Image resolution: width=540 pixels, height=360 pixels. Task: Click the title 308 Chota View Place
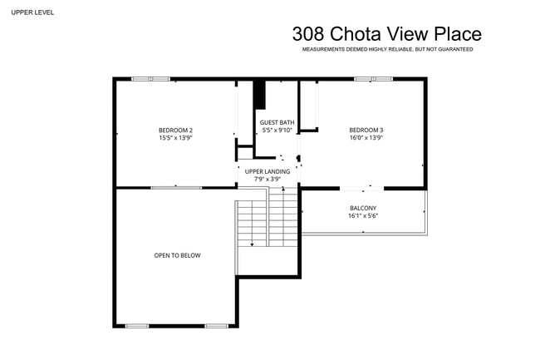pyautogui.click(x=386, y=34)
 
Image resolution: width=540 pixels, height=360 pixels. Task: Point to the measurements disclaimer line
pyautogui.click(x=387, y=50)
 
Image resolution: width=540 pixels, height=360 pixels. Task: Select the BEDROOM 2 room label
pyautogui.click(x=175, y=130)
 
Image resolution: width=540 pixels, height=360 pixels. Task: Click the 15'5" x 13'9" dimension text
pyautogui.click(x=175, y=138)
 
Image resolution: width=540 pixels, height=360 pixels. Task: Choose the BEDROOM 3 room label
pyautogui.click(x=366, y=130)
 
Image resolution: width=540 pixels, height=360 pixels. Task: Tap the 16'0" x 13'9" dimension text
pyautogui.click(x=366, y=138)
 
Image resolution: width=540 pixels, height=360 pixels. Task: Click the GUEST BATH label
pyautogui.click(x=277, y=122)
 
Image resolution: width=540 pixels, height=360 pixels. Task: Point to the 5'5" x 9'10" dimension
pyautogui.click(x=277, y=131)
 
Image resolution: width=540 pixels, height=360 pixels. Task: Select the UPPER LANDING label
pyautogui.click(x=268, y=171)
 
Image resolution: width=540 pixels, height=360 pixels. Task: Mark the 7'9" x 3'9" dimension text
pyautogui.click(x=268, y=179)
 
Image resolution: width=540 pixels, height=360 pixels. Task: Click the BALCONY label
pyautogui.click(x=363, y=208)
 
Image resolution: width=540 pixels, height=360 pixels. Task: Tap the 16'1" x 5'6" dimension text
pyautogui.click(x=363, y=216)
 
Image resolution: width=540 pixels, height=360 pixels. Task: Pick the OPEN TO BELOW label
pyautogui.click(x=177, y=255)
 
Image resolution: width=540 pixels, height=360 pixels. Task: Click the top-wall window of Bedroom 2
pyautogui.click(x=150, y=79)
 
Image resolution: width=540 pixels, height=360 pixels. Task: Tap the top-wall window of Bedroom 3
pyautogui.click(x=373, y=79)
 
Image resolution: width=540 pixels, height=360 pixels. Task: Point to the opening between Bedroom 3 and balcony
pyautogui.click(x=362, y=187)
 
